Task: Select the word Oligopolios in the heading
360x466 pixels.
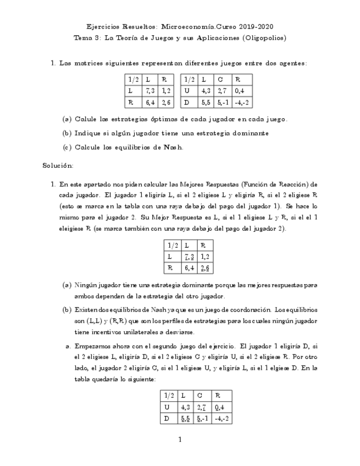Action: coord(265,38)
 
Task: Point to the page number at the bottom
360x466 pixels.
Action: coord(180,439)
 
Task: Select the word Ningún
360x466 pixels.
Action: coord(87,285)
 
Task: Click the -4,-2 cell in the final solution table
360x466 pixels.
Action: coord(223,419)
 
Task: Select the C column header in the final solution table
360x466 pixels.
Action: coord(200,395)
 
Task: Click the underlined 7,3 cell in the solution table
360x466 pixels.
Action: coord(189,256)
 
